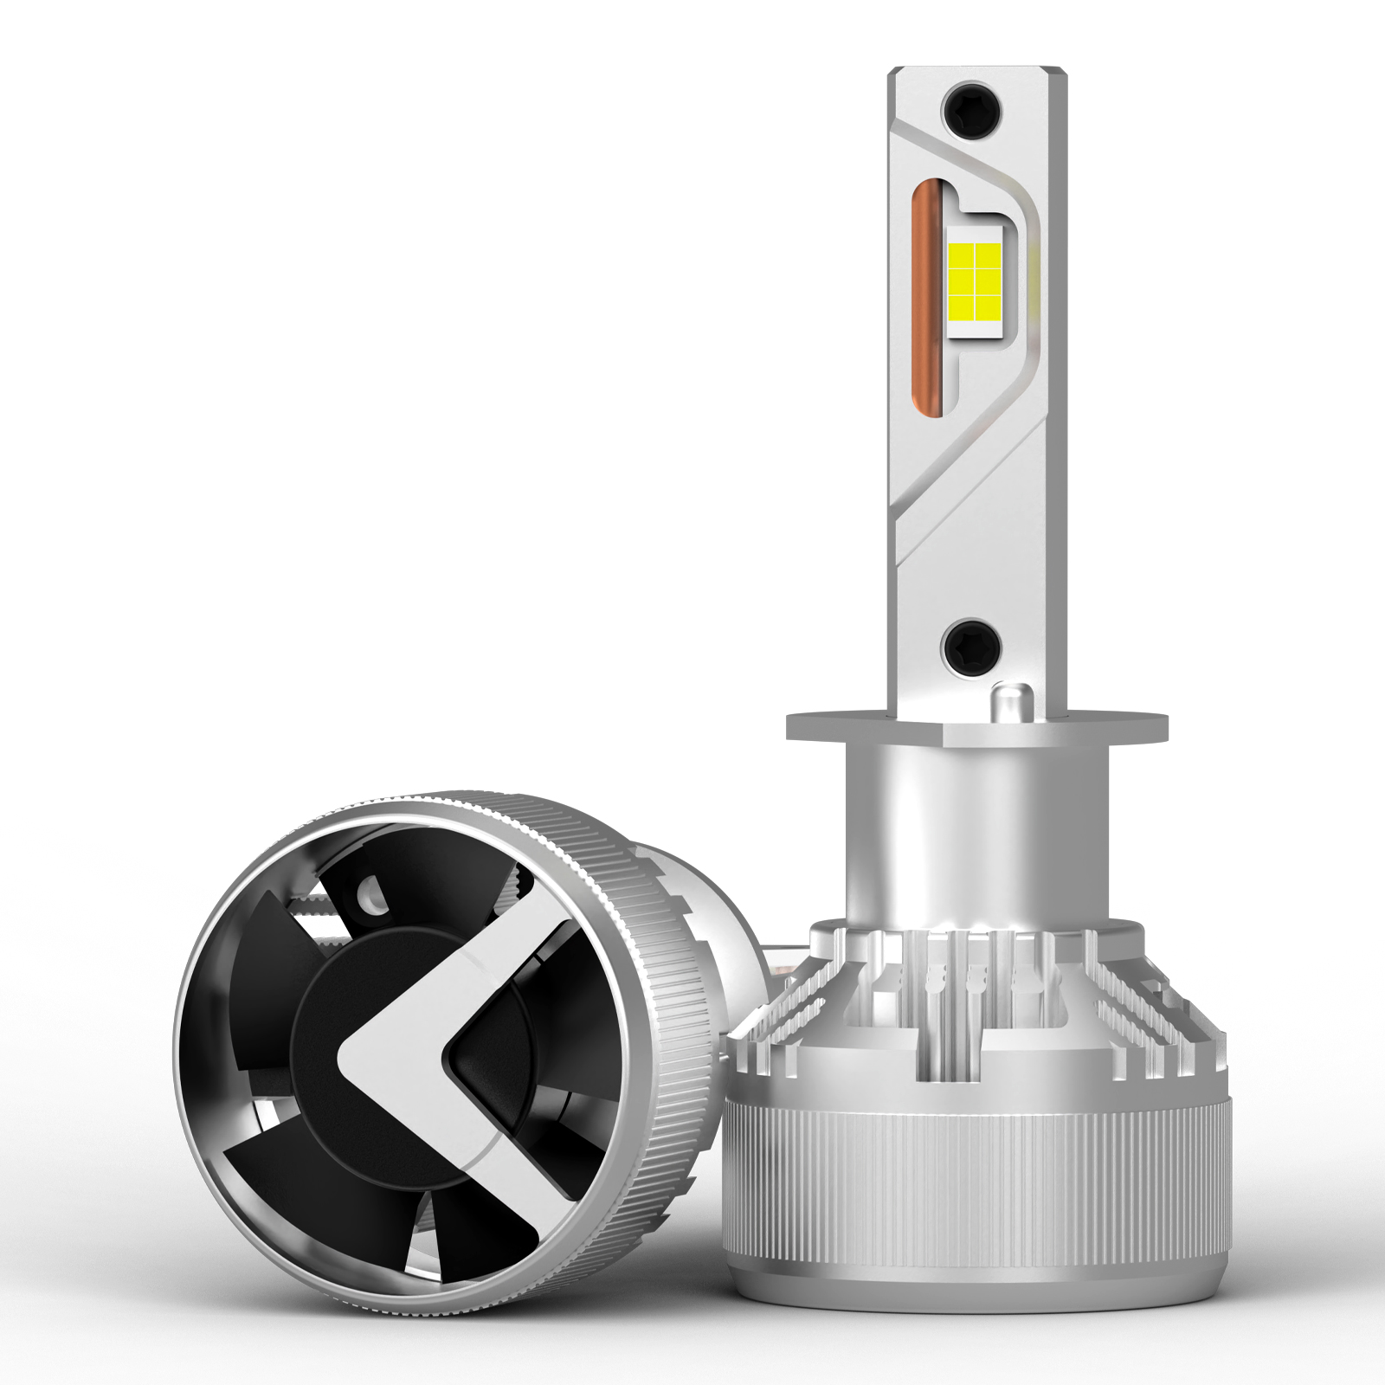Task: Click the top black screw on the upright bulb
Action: [x=971, y=106]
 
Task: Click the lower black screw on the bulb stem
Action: [x=970, y=646]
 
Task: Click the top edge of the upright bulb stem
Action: [x=976, y=69]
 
